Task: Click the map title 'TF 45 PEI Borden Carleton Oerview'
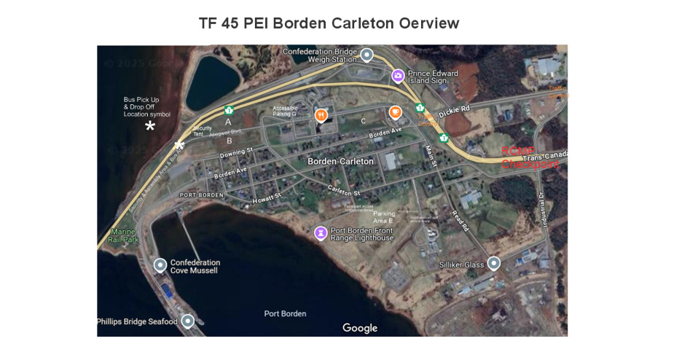[329, 23]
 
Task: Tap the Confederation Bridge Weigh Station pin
[367, 55]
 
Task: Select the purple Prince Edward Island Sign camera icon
[398, 75]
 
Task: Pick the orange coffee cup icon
[395, 112]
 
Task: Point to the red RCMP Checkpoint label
[530, 158]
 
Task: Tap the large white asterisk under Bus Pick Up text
[150, 127]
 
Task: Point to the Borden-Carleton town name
[340, 161]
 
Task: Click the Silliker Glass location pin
[494, 263]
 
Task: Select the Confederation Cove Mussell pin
[160, 265]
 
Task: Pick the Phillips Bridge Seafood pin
[187, 321]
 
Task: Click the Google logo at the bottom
[360, 328]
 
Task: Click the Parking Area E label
[384, 217]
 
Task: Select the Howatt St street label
[267, 197]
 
